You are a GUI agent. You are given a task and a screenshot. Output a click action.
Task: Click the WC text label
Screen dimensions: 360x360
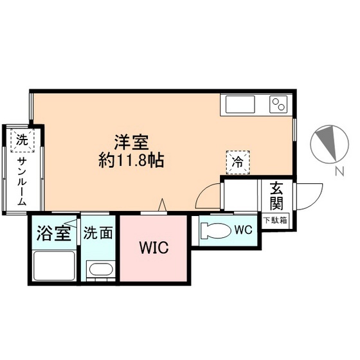point(242,229)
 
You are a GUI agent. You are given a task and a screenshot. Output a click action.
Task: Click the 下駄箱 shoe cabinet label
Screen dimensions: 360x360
point(276,221)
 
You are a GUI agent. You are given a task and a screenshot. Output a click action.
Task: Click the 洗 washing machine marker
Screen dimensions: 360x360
point(22,139)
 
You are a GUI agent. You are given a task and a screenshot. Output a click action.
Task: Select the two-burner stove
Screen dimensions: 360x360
point(278,103)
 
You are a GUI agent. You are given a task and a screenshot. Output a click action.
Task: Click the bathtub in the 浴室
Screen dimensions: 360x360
point(53,265)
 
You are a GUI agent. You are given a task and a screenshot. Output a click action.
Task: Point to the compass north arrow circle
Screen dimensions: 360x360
point(327,145)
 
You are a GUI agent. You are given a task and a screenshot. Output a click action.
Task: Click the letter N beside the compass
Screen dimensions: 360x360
point(338,171)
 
